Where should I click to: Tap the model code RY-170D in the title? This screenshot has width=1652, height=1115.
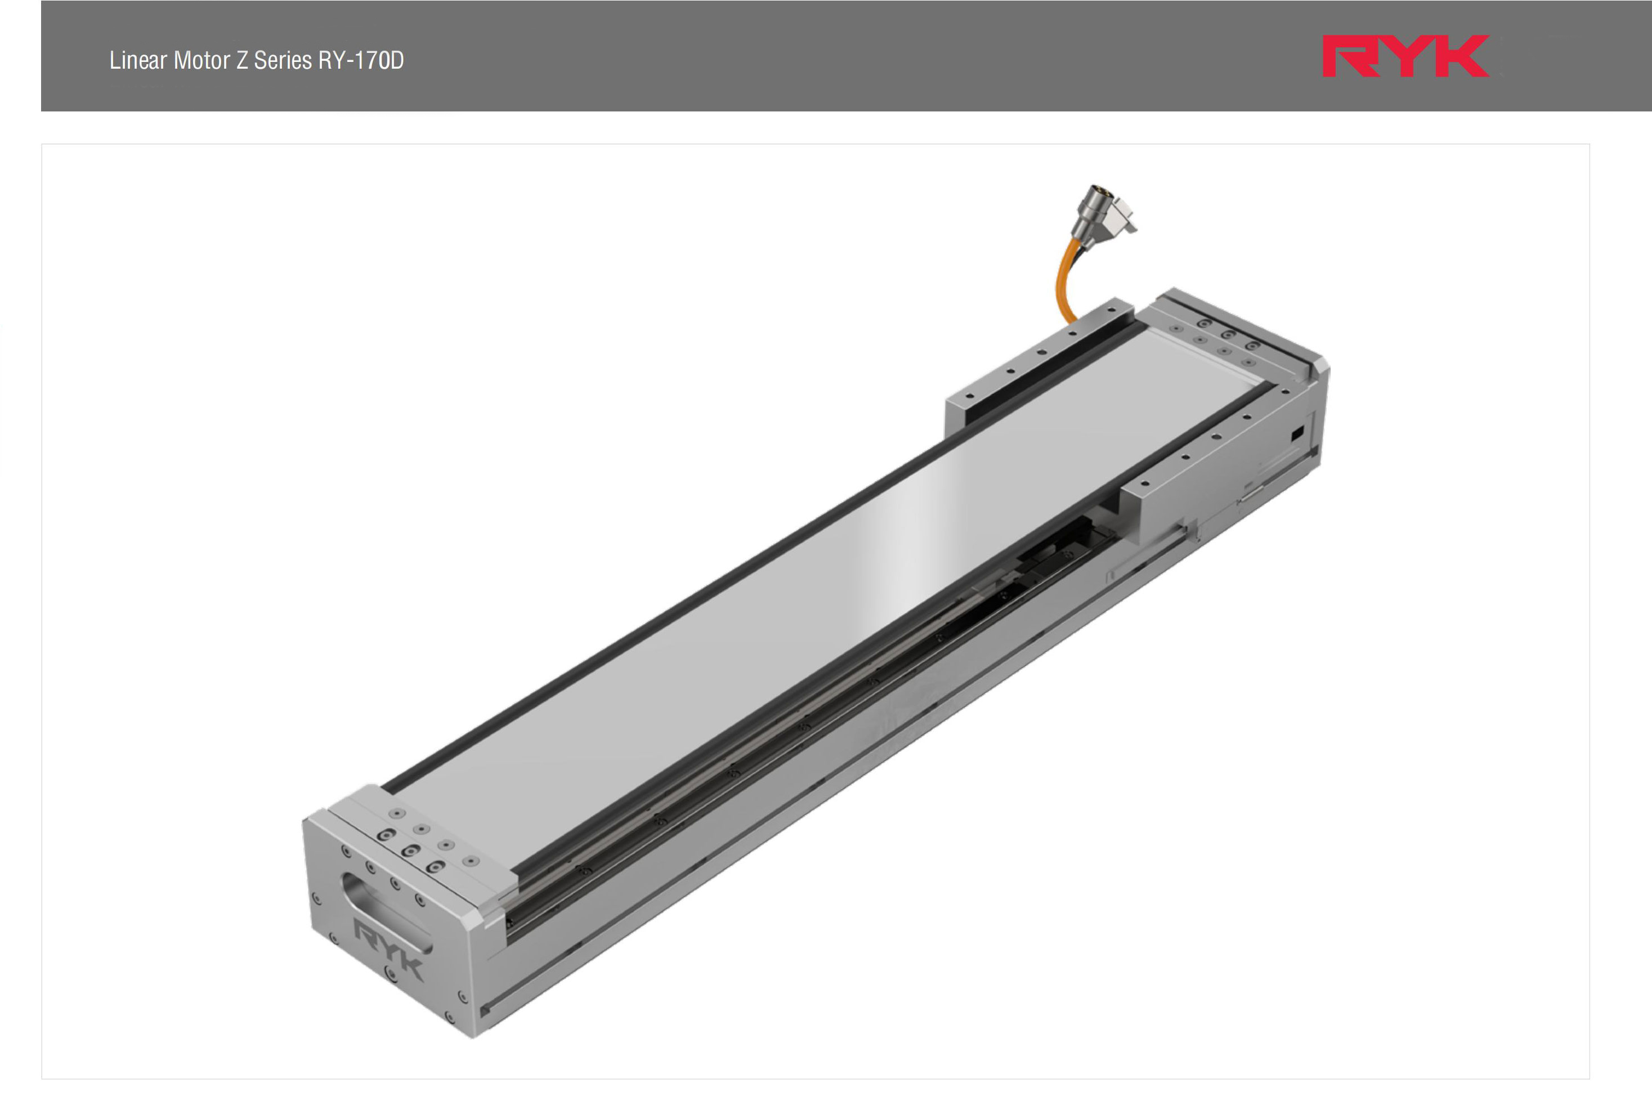pos(361,60)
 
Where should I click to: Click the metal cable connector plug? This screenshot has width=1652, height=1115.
pos(1102,212)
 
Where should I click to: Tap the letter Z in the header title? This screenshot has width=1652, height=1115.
pos(241,60)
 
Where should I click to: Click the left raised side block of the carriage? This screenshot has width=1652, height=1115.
pos(1031,370)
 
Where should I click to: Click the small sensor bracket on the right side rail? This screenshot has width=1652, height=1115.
pos(1251,490)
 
